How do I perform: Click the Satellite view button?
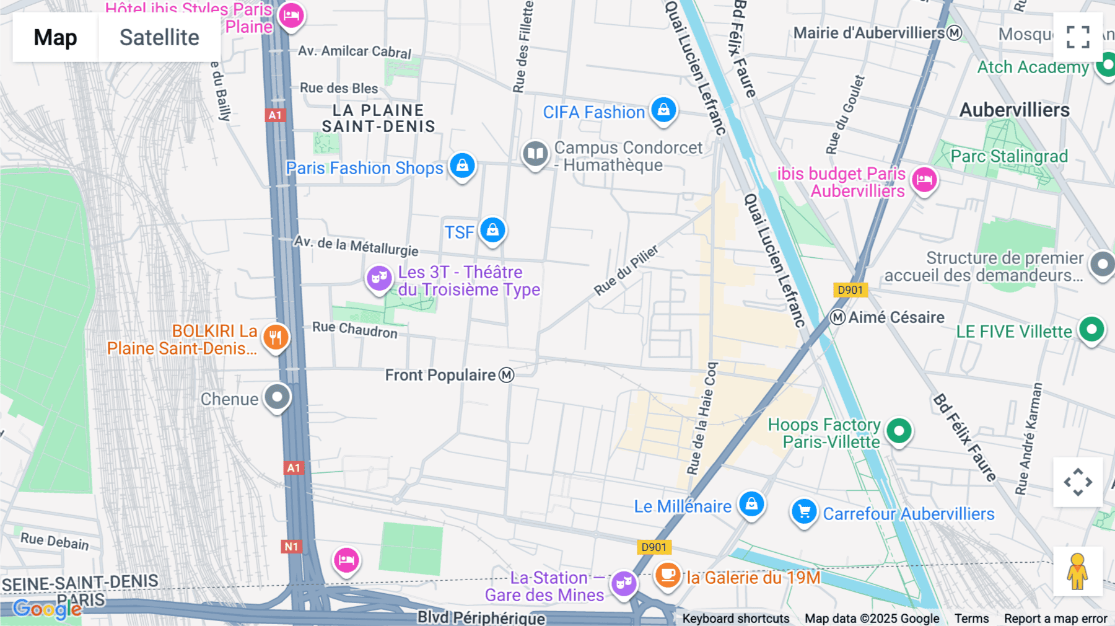click(x=159, y=37)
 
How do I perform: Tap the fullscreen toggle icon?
click(x=1078, y=37)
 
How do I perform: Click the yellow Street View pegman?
click(x=1078, y=571)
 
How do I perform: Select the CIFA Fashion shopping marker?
click(x=663, y=110)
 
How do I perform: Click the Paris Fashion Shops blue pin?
click(x=462, y=166)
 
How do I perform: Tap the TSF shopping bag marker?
click(x=492, y=231)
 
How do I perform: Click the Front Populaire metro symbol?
click(x=507, y=375)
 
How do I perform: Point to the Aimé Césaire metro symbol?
click(x=837, y=317)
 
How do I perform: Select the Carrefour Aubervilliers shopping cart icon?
click(x=804, y=512)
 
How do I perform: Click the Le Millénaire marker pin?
click(x=751, y=504)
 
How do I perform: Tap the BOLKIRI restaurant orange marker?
click(x=276, y=338)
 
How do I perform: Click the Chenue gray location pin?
click(x=277, y=397)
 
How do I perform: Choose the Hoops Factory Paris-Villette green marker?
click(x=899, y=430)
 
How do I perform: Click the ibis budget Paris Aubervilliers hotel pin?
click(x=924, y=180)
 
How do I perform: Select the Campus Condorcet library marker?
click(x=535, y=154)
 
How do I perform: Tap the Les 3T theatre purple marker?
click(x=379, y=278)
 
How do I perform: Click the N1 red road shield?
click(x=291, y=547)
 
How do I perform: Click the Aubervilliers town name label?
click(x=1014, y=110)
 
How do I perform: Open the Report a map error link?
click(x=1055, y=619)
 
